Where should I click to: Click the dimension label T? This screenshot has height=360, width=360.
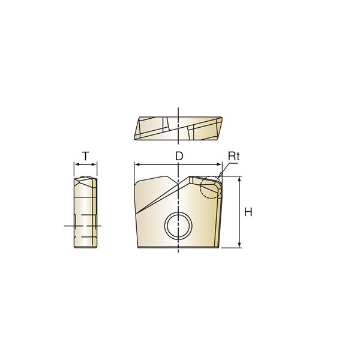(86, 157)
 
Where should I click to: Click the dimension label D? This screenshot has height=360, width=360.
(179, 156)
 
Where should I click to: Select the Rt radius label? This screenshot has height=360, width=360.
(234, 156)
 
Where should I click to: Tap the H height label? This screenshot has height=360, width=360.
(248, 212)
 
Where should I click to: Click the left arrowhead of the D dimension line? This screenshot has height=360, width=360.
(137, 164)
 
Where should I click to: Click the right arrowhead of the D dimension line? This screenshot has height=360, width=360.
(220, 164)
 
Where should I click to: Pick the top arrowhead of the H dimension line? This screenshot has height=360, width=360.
(239, 179)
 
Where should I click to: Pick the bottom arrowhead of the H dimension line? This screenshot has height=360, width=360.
(239, 245)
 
